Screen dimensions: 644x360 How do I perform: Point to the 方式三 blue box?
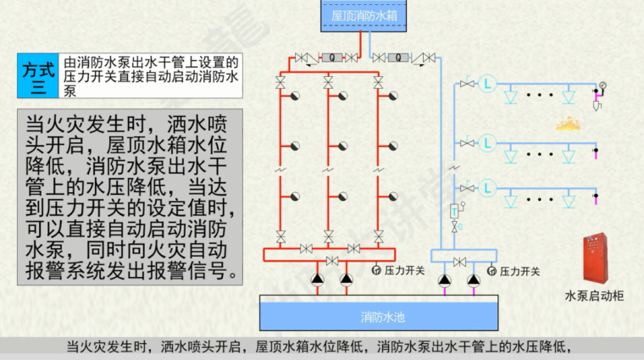click(37, 78)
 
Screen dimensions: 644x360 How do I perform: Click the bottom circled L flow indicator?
click(487, 188)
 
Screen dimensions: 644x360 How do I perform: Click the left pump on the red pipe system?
click(318, 278)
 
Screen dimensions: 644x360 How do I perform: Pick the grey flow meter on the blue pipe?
click(397, 58)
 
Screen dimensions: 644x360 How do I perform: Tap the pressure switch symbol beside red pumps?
click(376, 271)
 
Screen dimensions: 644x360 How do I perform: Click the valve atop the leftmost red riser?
click(280, 82)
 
